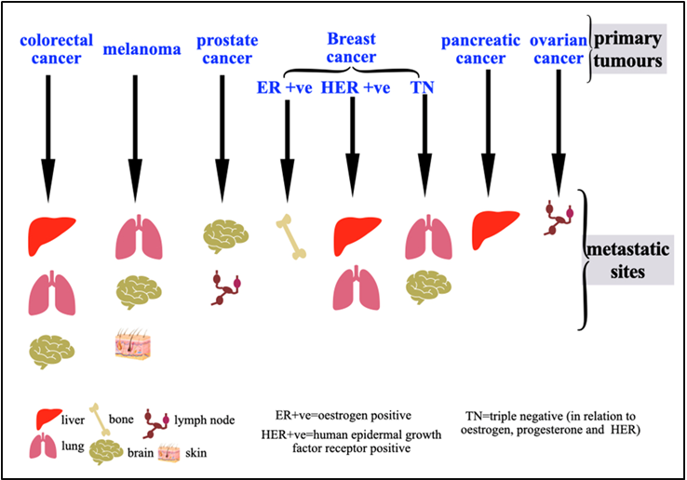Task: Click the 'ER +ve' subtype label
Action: click(x=285, y=87)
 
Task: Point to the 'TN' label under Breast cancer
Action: click(x=424, y=87)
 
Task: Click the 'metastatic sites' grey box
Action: click(x=628, y=262)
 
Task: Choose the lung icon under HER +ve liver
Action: click(x=356, y=287)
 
